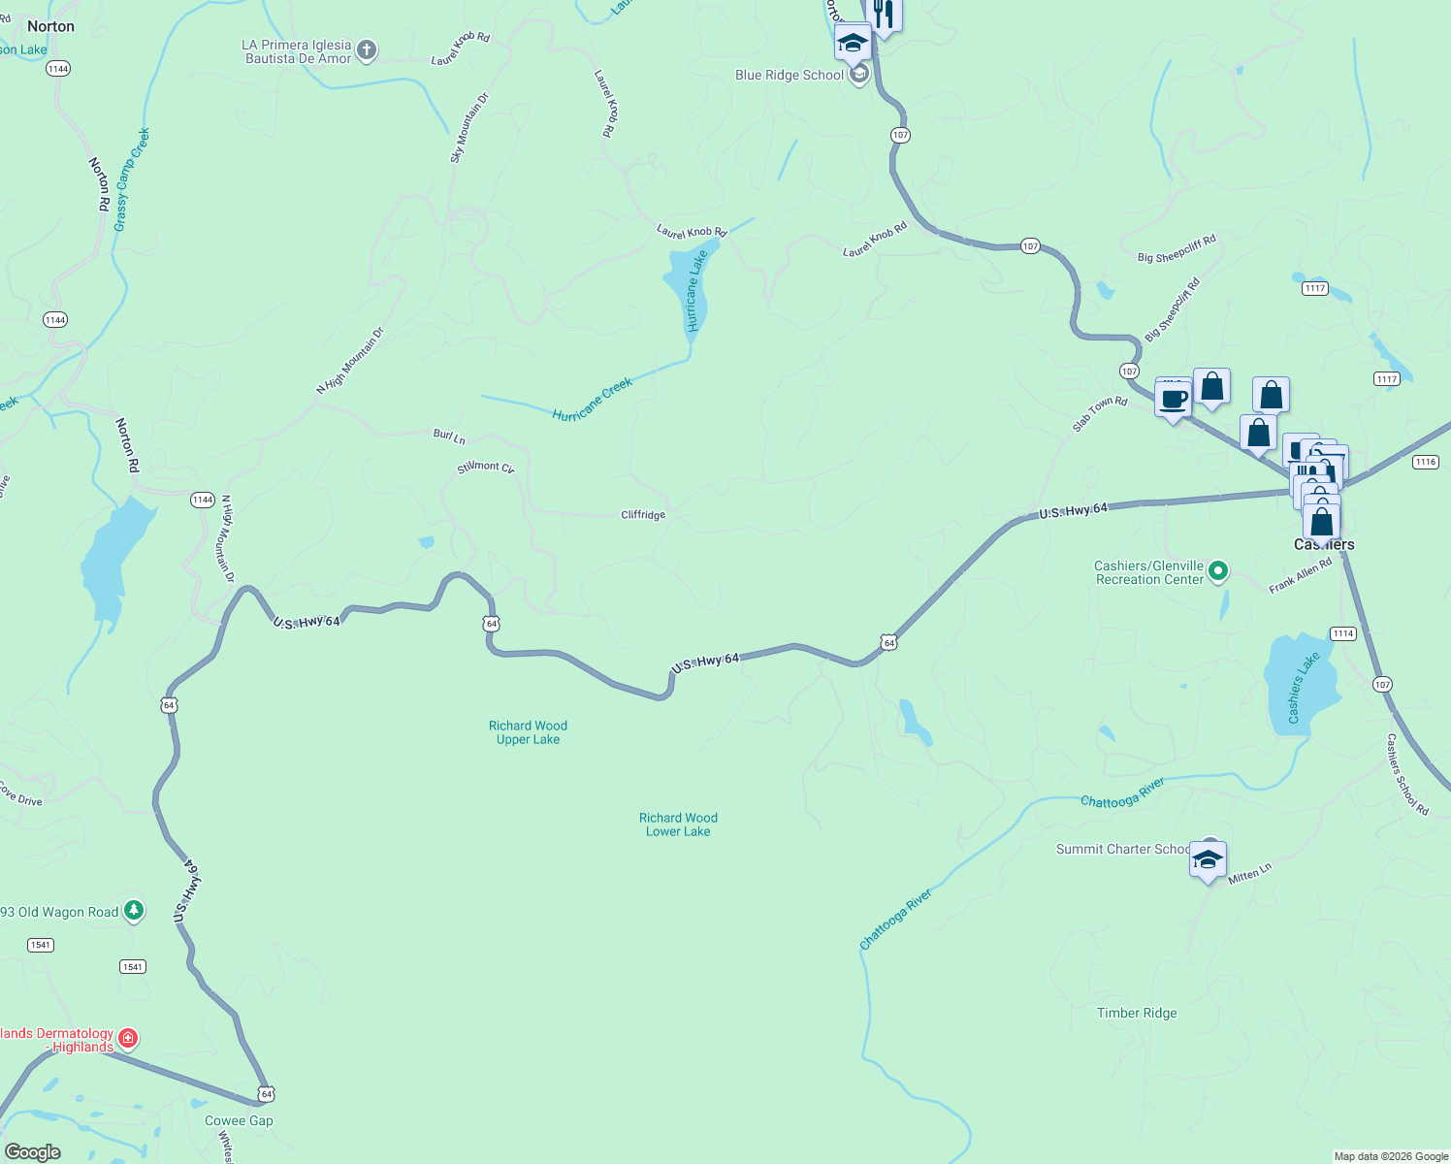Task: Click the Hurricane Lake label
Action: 695,292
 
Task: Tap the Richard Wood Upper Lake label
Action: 528,732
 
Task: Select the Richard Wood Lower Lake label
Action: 678,824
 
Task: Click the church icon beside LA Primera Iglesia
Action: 366,50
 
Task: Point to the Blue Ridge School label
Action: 790,76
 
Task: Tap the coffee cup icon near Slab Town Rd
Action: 1173,399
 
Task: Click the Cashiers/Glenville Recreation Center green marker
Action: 1219,571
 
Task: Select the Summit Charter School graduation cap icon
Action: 1208,859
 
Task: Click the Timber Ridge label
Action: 1137,1013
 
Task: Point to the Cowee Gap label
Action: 239,1120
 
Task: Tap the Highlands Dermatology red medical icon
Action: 127,1040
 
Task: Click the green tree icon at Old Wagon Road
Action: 134,911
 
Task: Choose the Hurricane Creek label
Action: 592,400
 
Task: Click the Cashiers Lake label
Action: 1303,688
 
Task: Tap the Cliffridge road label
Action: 643,515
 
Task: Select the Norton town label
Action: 50,26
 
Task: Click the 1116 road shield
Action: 1425,463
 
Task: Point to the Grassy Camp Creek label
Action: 131,179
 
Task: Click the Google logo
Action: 32,1152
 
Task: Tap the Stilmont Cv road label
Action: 485,468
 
